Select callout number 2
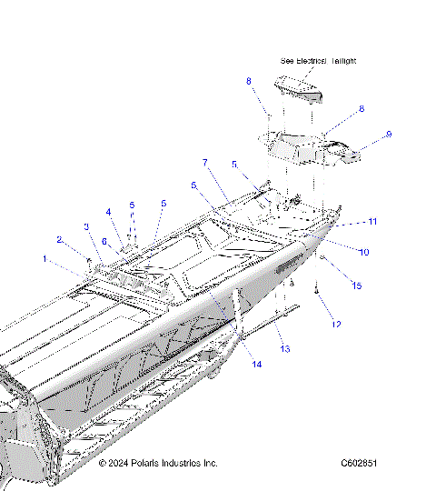point(59,240)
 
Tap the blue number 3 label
point(86,226)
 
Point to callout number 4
point(108,212)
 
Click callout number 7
point(205,163)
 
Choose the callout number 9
point(389,135)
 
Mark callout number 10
point(365,252)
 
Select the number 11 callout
point(372,221)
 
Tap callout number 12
point(335,324)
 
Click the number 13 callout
point(284,349)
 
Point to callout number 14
point(257,365)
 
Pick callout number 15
point(357,286)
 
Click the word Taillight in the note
point(338,61)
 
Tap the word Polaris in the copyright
point(151,463)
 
